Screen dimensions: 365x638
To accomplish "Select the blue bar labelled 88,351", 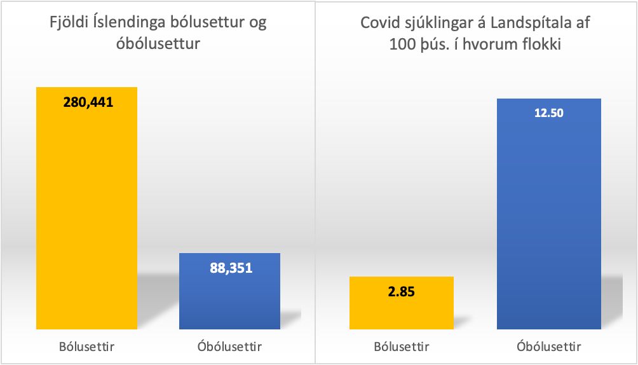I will pos(229,299).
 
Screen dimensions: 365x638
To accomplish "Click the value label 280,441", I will pos(88,102).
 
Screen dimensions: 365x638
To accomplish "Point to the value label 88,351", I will pos(231,268).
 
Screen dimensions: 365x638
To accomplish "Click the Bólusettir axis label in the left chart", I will pos(88,347).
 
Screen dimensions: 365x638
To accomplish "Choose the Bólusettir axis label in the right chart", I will pos(401,347).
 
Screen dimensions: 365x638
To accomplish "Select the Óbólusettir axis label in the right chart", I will pos(547,347).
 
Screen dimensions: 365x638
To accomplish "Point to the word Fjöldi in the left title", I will pos(69,23).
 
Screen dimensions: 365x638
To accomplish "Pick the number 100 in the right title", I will pos(401,45).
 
